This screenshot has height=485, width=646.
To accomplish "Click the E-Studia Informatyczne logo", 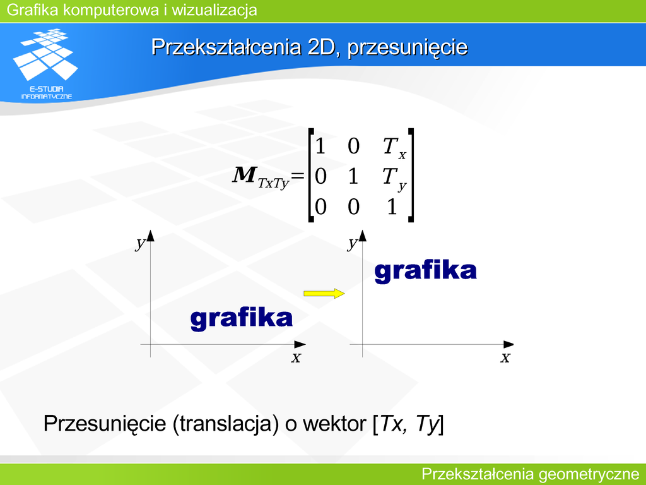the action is click(45, 64).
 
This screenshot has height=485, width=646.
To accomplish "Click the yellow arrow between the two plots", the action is click(324, 293).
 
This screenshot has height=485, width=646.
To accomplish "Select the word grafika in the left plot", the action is click(242, 318).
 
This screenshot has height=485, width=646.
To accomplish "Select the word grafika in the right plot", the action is click(425, 271).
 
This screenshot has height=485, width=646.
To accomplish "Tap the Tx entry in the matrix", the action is click(394, 148).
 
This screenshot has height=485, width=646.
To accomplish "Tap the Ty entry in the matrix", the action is click(394, 179).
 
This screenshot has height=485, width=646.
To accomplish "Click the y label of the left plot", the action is click(141, 243).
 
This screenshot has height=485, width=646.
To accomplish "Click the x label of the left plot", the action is click(296, 357).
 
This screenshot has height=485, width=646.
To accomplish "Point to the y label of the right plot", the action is click(352, 243).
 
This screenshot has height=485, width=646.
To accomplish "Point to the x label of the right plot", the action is click(505, 357).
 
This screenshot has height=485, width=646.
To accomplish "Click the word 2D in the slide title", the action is click(320, 47).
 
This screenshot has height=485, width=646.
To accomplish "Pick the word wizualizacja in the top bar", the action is click(214, 10).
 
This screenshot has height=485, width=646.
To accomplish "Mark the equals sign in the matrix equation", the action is click(298, 176).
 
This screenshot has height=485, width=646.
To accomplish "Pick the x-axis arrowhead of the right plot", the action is click(509, 344).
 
